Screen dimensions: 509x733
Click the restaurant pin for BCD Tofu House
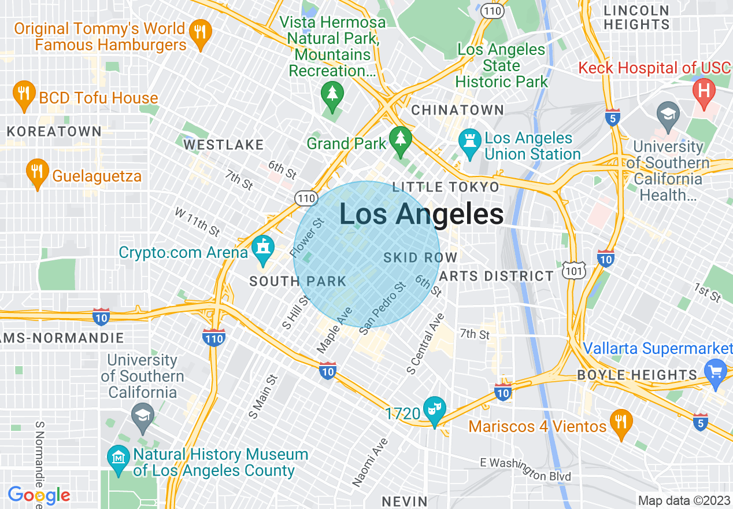tap(23, 95)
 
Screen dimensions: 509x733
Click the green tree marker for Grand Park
tap(399, 141)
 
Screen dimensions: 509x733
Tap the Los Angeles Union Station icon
tap(470, 142)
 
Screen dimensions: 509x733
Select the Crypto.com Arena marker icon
tap(263, 250)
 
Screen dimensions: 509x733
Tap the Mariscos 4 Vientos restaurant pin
tap(621, 423)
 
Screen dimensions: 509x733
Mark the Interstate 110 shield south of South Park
tap(214, 336)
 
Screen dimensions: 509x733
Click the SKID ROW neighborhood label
tap(420, 257)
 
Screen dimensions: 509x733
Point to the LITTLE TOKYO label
tap(445, 187)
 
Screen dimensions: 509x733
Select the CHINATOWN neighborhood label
tap(457, 110)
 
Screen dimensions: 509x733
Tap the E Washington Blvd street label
tap(525, 469)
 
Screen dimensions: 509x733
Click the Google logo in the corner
tap(39, 496)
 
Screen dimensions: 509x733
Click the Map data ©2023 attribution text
tap(683, 500)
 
